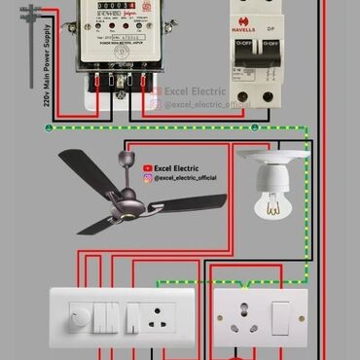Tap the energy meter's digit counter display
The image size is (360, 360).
[x=115, y=7]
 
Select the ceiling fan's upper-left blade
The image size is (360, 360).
[x=87, y=160]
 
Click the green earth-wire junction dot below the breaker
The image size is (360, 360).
[x=254, y=126]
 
